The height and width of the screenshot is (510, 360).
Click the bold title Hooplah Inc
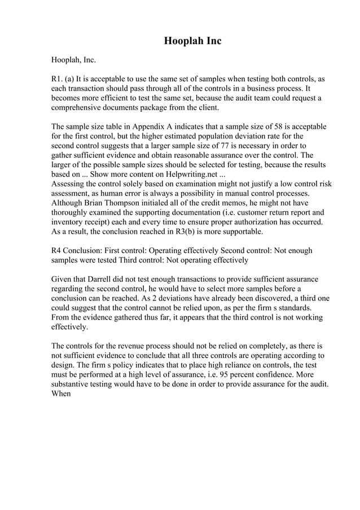192,41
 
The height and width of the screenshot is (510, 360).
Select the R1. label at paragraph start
58,79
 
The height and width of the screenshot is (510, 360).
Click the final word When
61,394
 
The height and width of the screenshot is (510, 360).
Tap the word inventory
68,223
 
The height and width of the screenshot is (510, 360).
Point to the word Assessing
68,184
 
